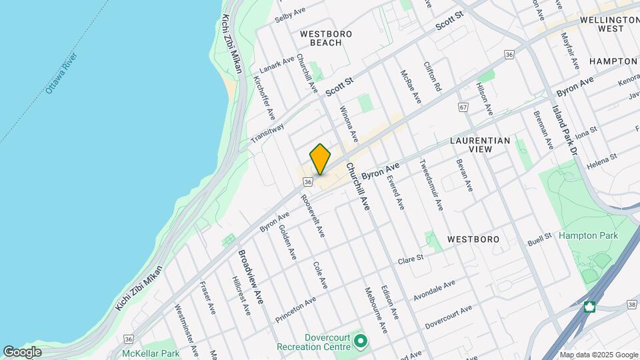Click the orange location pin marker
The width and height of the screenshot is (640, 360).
tap(320, 159)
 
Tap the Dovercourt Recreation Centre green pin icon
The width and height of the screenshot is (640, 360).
tap(361, 342)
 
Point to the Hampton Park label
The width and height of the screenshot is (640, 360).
tap(588, 235)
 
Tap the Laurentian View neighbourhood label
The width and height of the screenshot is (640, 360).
tap(480, 145)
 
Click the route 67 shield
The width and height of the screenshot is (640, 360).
tap(463, 107)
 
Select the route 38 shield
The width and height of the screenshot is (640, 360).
tap(631, 305)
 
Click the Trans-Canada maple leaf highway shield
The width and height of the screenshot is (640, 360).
tap(589, 307)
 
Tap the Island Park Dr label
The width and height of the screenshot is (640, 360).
tap(563, 123)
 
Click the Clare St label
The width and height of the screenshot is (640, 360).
tap(411, 260)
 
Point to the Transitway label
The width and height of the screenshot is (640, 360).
tap(267, 132)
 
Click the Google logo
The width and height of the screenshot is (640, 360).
tap(22, 351)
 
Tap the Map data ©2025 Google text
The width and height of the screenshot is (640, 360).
tap(598, 355)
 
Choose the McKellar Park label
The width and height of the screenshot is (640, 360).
tap(151, 353)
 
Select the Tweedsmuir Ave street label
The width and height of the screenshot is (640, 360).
tap(431, 185)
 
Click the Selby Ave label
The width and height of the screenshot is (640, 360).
tap(290, 15)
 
